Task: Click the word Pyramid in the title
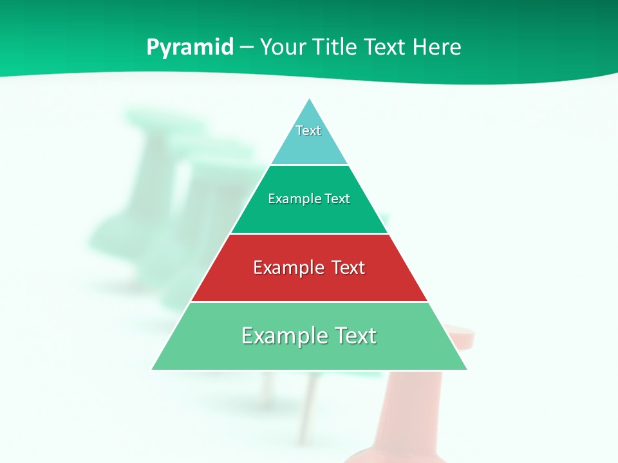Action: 190,48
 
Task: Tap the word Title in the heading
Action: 334,48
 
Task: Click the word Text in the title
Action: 385,48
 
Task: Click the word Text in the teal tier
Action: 308,131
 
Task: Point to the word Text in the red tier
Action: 348,268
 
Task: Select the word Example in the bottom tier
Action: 283,336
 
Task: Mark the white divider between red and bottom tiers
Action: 309,302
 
